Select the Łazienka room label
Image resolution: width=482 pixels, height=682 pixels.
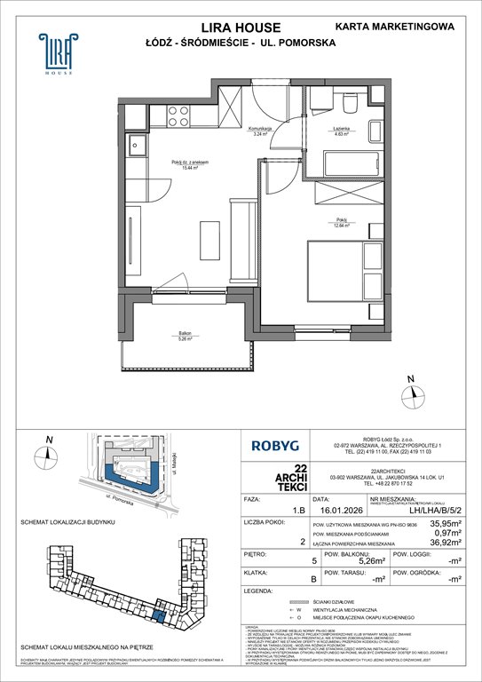pyautogui.click(x=342, y=131)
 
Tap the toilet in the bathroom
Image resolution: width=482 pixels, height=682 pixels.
pyautogui.click(x=351, y=106)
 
